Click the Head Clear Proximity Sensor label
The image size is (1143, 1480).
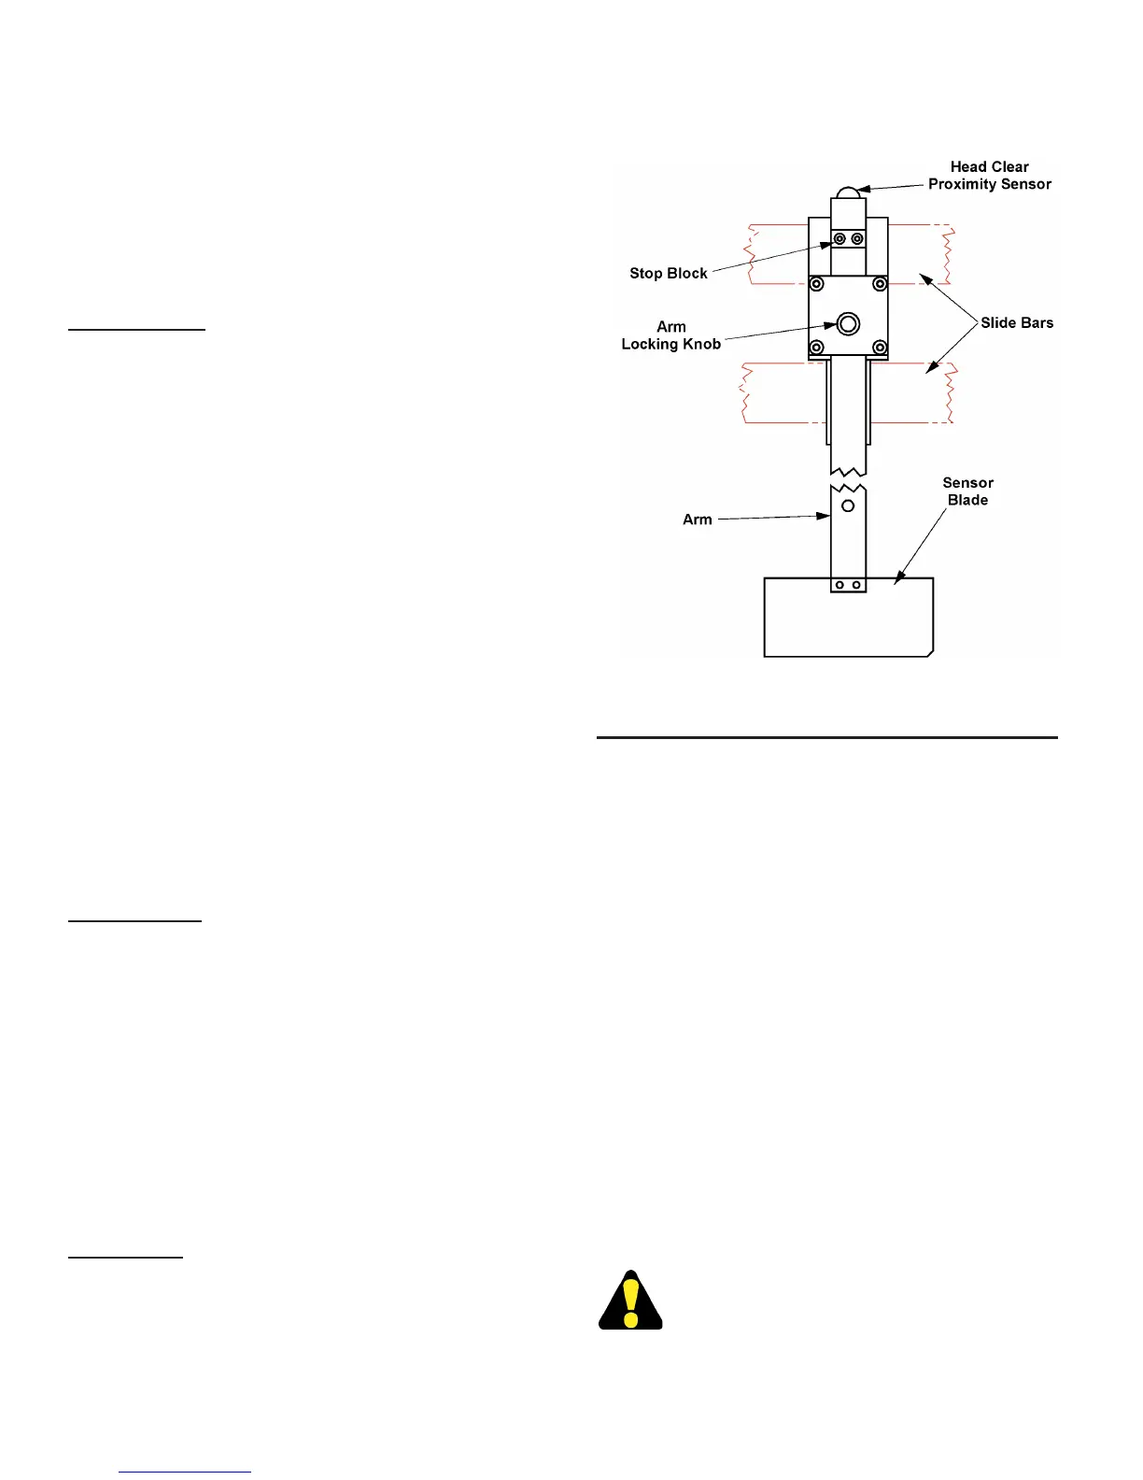point(989,176)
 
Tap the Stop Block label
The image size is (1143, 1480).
point(668,274)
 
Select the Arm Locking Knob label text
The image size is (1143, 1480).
point(670,335)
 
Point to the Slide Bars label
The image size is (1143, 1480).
point(1016,323)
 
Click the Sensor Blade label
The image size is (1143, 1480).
point(967,491)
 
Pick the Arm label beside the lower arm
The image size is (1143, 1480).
point(697,519)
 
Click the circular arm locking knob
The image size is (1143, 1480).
point(848,324)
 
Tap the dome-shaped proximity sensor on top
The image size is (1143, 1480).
point(848,192)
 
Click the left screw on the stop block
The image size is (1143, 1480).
point(840,239)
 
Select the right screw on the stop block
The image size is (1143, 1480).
point(857,239)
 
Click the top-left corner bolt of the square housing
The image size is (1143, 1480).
point(817,284)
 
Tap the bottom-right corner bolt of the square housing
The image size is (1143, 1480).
point(879,348)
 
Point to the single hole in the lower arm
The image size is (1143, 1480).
point(848,506)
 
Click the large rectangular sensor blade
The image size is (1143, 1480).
point(848,621)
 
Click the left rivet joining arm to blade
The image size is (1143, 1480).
point(840,586)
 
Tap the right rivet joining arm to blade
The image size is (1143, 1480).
point(856,586)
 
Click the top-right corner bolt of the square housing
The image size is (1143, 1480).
point(879,284)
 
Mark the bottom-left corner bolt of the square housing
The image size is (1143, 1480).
point(817,348)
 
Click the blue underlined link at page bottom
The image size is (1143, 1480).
point(185,1472)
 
